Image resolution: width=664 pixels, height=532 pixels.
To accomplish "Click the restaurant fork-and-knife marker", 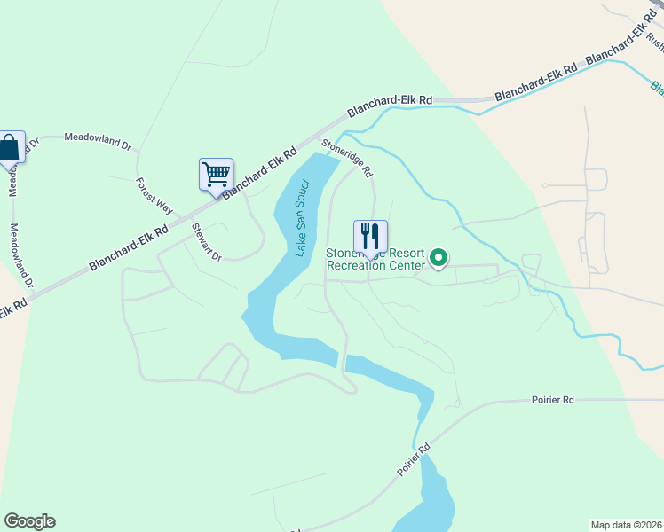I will (x=371, y=237).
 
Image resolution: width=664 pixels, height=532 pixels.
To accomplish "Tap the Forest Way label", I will (x=154, y=195).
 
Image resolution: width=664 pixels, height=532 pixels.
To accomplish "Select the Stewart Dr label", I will (x=206, y=241).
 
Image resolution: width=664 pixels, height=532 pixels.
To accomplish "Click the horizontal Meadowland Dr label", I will (x=98, y=137).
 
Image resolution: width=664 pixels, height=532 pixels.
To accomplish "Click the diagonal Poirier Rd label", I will (x=413, y=460).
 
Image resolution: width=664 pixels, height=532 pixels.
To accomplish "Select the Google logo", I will (x=29, y=521).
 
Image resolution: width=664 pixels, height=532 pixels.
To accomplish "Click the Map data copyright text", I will (x=626, y=524).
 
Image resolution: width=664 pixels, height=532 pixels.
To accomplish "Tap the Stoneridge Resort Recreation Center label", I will (x=376, y=259).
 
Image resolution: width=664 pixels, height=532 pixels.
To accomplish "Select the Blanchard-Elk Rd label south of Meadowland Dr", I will (x=128, y=248).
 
